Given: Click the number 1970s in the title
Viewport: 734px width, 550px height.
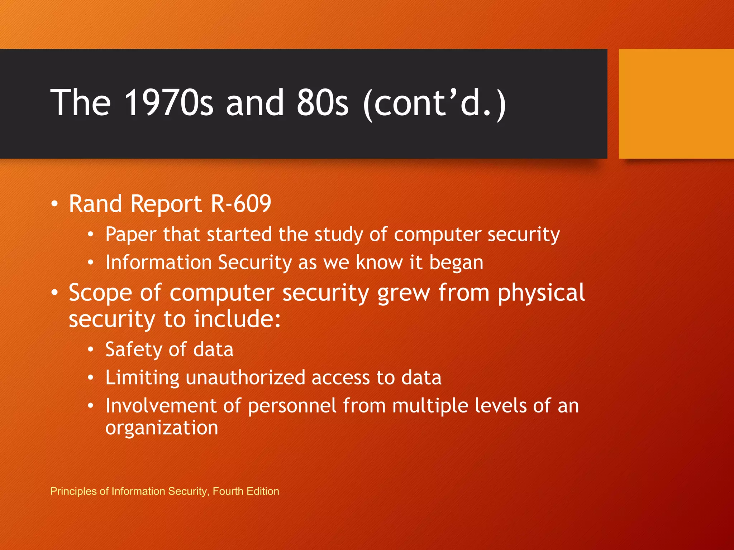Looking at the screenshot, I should pos(168,103).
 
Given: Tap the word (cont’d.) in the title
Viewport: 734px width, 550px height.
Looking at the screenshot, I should pos(434,104).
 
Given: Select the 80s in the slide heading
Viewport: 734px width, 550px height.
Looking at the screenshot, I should pos(322,103).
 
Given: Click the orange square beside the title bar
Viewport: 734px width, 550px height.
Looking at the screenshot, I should pos(676,104).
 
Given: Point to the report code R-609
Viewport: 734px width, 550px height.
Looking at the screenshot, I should pos(241,204).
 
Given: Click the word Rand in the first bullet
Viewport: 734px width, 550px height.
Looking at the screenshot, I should pos(95,204).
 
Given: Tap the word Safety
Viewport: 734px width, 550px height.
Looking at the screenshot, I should pos(134,350).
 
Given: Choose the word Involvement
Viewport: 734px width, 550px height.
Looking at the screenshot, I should pos(161,406).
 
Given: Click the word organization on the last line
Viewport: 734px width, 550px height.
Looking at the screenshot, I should pos(162,428).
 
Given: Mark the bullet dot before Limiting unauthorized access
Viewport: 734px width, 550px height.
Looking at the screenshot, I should pos(91,378).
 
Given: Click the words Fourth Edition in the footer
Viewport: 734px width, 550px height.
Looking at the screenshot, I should pos(246,491).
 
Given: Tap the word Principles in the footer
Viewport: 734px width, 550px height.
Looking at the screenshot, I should pos(73,491).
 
